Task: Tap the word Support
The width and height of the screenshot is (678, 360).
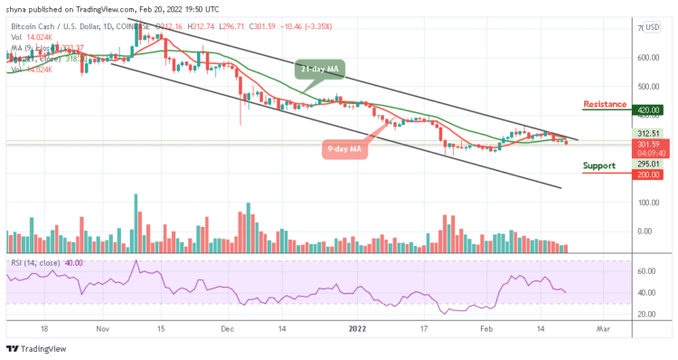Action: (599, 166)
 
